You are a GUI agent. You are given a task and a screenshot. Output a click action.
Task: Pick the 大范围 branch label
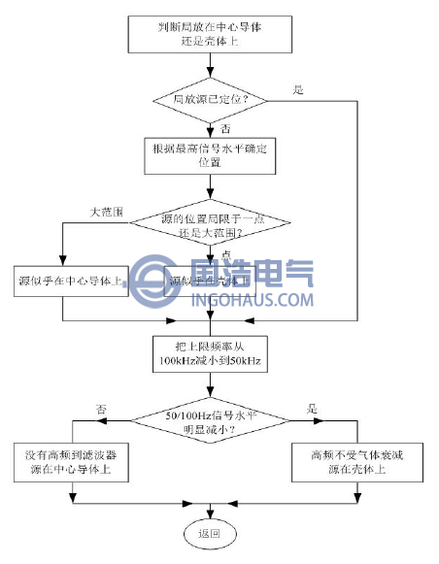[105, 211]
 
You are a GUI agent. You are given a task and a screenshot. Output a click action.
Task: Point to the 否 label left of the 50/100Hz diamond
[99, 410]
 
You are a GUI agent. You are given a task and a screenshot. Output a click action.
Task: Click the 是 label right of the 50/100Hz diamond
[312, 410]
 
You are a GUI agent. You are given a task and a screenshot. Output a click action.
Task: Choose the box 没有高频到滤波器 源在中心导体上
[73, 460]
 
